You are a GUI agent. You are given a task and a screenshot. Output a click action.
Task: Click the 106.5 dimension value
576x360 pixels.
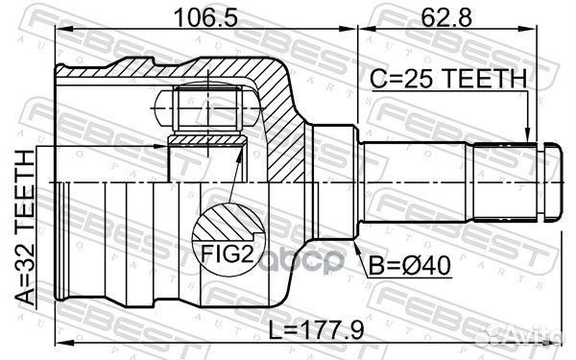205,17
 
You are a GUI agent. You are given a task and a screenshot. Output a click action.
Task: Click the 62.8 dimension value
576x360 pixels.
446,17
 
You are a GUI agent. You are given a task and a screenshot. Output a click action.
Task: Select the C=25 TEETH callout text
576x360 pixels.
448,79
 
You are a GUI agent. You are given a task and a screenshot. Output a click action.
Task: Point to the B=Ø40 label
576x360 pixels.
409,265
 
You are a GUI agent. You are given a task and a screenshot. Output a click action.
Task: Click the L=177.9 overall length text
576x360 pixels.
316,330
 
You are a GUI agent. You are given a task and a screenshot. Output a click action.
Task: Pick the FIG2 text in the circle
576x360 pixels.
227,253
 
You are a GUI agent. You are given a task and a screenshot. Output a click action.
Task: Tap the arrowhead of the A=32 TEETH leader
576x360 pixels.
160,146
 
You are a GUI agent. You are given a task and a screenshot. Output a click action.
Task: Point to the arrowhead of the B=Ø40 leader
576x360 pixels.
357,247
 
